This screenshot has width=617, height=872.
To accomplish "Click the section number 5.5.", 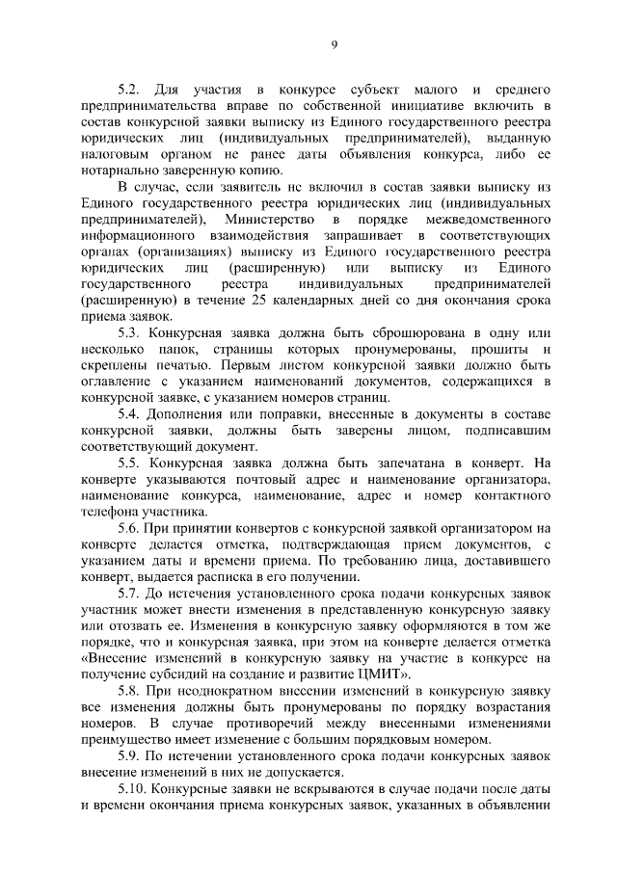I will (x=129, y=462).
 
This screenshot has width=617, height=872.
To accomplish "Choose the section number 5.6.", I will (x=129, y=528).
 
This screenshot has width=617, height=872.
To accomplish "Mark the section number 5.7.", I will (x=129, y=594).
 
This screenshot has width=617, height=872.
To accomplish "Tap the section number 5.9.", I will (x=129, y=756).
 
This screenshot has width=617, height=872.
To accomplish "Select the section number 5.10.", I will (x=132, y=789).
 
